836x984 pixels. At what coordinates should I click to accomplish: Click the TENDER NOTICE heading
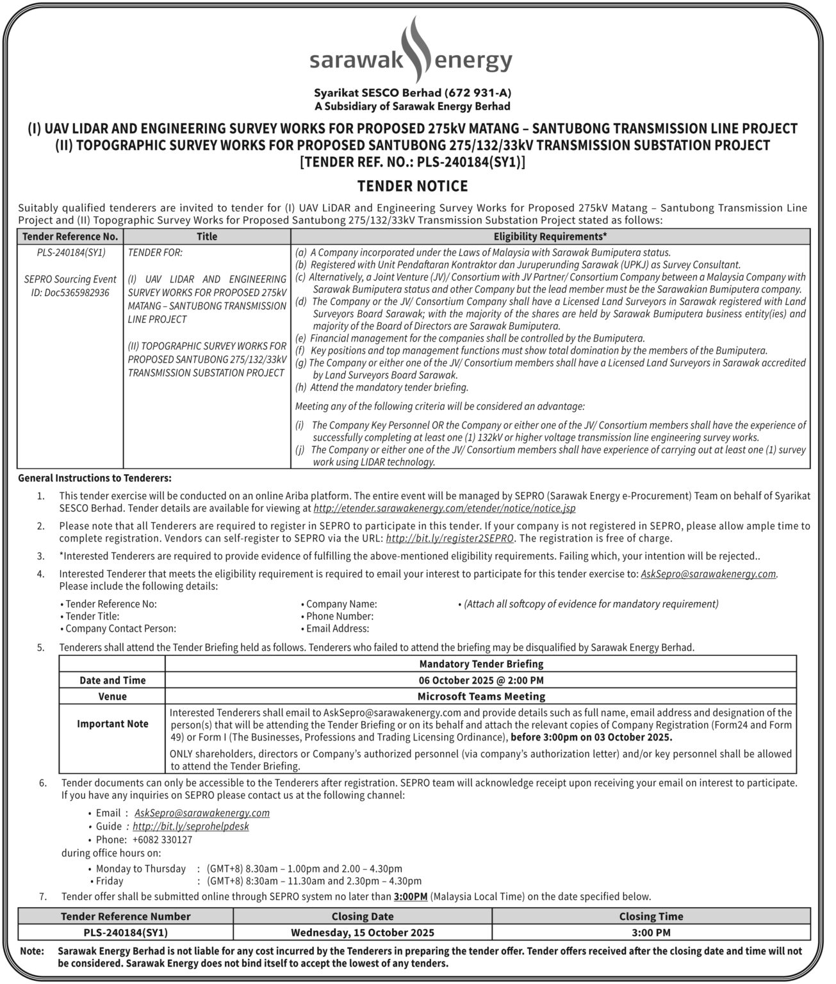[413, 186]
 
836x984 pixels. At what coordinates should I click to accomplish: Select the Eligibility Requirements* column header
[550, 236]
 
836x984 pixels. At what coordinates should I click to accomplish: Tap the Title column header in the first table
[207, 236]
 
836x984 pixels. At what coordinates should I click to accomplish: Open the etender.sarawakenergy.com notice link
[445, 509]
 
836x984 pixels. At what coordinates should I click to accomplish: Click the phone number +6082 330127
[162, 840]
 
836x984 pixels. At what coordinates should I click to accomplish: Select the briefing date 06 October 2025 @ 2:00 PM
[481, 680]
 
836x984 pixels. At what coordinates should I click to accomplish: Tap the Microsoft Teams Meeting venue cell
[481, 696]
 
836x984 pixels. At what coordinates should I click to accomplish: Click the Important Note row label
[113, 724]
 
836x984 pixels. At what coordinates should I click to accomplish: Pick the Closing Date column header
[363, 917]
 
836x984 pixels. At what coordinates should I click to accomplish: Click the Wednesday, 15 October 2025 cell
[363, 933]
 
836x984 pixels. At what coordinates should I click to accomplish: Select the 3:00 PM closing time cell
[651, 933]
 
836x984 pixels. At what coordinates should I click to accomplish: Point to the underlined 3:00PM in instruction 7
[411, 897]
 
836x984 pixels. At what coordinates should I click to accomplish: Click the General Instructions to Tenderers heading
[95, 479]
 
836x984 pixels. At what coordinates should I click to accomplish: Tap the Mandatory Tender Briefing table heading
[481, 664]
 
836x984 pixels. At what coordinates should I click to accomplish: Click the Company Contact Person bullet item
[120, 629]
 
